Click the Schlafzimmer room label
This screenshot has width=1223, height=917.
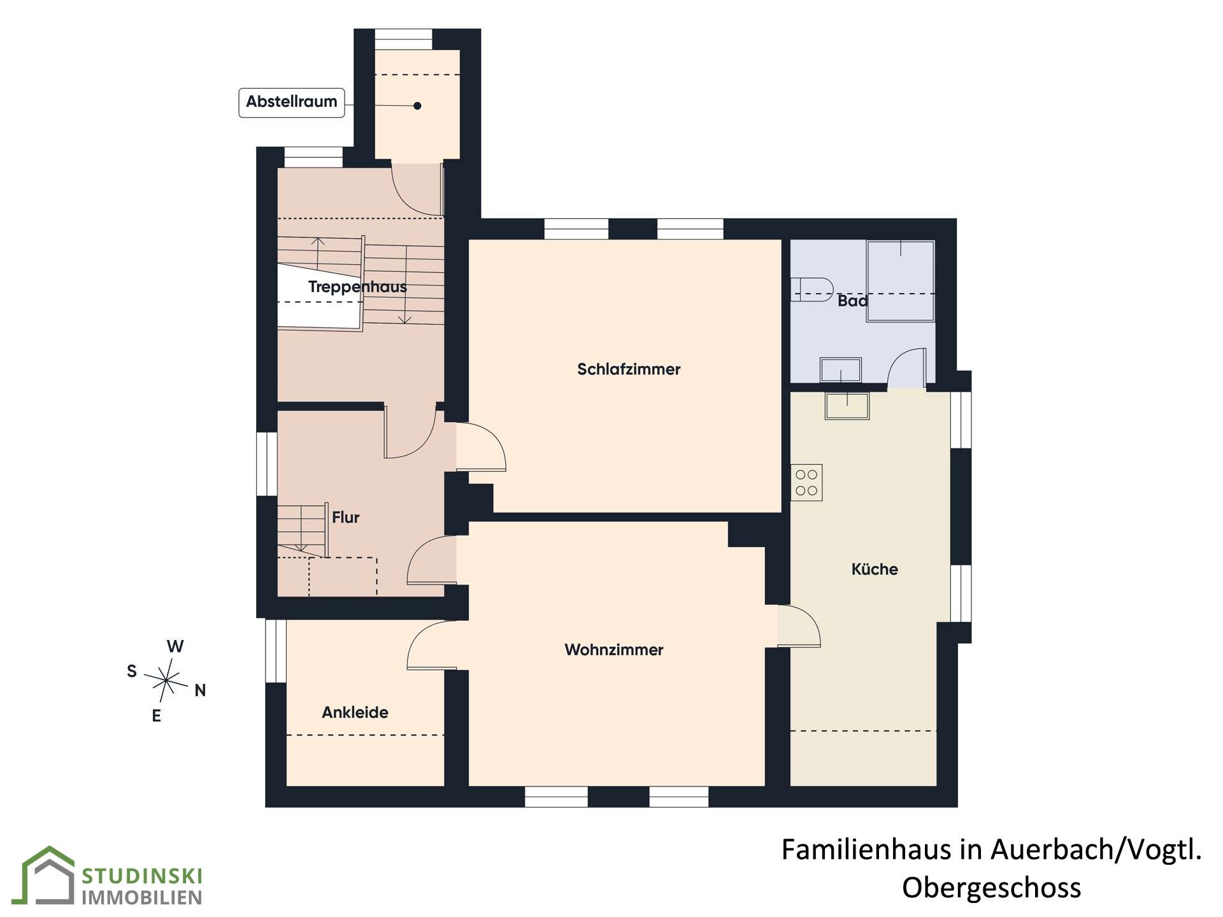click(x=629, y=369)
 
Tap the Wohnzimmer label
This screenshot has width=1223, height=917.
click(x=614, y=650)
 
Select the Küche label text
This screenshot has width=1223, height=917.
click(x=875, y=569)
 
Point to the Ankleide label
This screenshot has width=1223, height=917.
click(x=355, y=712)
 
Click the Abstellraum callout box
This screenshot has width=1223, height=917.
click(x=292, y=103)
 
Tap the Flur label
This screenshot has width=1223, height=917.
click(x=346, y=517)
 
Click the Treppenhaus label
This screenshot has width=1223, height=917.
click(x=357, y=287)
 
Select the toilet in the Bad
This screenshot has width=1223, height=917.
click(x=812, y=289)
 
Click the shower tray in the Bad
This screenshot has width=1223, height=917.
click(x=901, y=281)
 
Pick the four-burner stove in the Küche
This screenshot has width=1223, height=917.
click(x=806, y=482)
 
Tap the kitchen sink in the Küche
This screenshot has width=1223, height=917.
click(x=847, y=406)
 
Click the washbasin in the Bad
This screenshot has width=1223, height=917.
click(x=841, y=370)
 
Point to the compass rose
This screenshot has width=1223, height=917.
click(x=166, y=681)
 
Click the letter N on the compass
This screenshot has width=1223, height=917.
click(x=200, y=690)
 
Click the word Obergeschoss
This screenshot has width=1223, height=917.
click(x=991, y=888)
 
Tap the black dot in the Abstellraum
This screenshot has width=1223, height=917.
click(x=417, y=106)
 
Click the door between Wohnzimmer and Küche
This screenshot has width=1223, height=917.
click(x=799, y=626)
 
